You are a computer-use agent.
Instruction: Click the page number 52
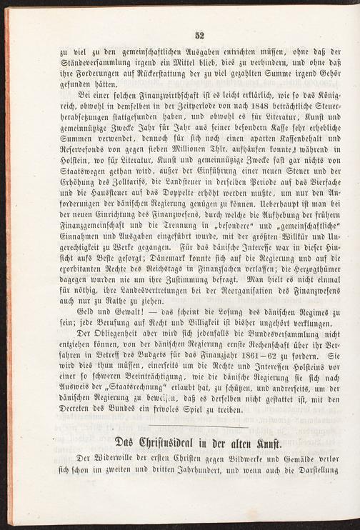(x=199, y=35)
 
